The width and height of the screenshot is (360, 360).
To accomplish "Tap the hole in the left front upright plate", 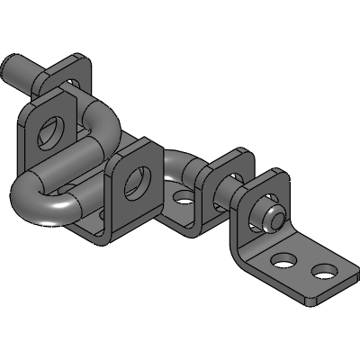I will click(51, 131).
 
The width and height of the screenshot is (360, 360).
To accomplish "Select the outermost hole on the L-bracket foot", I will click(322, 271).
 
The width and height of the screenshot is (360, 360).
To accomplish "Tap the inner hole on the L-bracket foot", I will click(283, 260).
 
